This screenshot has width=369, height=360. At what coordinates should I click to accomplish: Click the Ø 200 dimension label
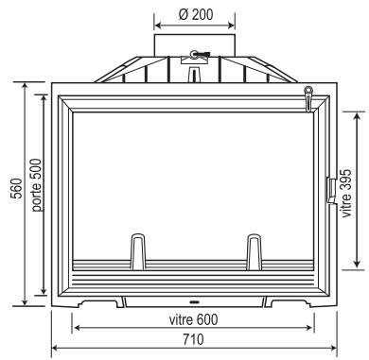point(192,17)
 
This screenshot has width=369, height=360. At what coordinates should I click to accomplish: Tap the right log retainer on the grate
point(254,252)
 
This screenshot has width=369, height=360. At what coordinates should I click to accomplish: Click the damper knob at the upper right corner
point(307,91)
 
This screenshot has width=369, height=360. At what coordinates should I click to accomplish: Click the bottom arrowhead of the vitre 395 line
point(355,265)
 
